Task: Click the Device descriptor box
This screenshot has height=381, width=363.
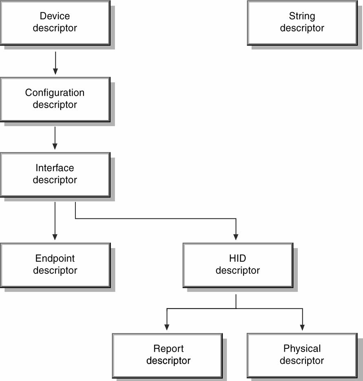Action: point(55,23)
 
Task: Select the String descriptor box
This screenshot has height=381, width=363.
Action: point(302,23)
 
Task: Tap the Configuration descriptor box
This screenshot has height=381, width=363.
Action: point(55,99)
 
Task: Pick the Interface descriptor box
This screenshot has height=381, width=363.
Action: point(55,175)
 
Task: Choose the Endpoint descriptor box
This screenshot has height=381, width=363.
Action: point(55,265)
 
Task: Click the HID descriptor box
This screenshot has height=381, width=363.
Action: point(238,265)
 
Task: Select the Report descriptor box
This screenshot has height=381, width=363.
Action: point(167,355)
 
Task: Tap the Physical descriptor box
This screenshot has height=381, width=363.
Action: point(302,355)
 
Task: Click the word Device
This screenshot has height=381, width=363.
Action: point(55,16)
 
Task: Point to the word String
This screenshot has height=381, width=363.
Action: point(302,16)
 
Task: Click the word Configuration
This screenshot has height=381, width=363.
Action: point(55,93)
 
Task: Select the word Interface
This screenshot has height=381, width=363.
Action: point(55,168)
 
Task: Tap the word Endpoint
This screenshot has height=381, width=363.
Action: point(55,258)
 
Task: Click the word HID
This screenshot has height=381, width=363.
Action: point(238,258)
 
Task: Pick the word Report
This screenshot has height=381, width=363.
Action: point(168,349)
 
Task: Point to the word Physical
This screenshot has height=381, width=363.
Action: point(302,349)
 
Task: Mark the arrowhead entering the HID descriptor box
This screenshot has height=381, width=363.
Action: point(235,237)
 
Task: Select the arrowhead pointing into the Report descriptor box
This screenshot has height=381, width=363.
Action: point(167,327)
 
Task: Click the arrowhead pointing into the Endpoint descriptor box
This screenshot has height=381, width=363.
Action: point(55,237)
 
